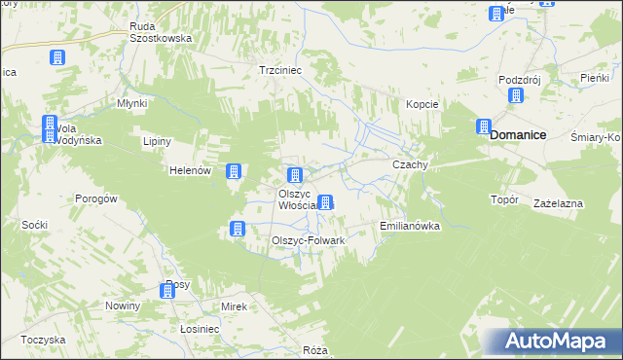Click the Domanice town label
pos(517,135)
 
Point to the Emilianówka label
pos(409,226)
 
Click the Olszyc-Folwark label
pos(308,239)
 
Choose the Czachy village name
pos(410,165)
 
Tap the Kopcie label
pos(422,104)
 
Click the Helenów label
pos(190,171)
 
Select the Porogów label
pos(96,198)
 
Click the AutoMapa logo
pos(554,342)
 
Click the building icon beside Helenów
pos(234,171)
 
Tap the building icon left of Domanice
pos(483,126)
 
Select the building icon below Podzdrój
pos(515,95)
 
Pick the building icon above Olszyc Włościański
pos(293,175)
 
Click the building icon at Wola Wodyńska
pos(50,126)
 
